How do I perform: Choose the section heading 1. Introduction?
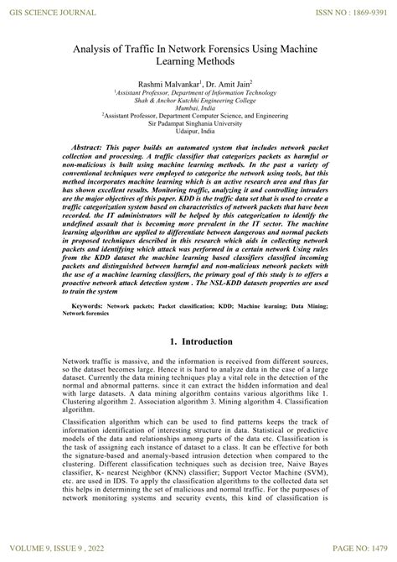point(198,343)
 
